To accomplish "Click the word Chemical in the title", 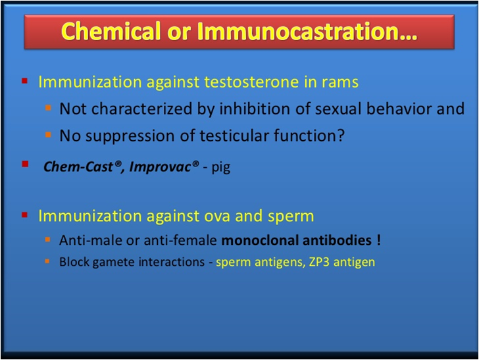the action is click(x=111, y=31).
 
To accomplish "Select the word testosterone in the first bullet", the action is click(x=251, y=82).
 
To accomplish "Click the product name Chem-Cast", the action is click(x=78, y=167).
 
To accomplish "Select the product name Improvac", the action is click(x=160, y=167).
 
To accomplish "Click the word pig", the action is click(x=221, y=168).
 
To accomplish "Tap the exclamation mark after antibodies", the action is click(x=379, y=240).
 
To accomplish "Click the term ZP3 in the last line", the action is click(x=319, y=262).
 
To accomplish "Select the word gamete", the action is click(x=114, y=263).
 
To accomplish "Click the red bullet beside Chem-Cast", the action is click(x=25, y=164).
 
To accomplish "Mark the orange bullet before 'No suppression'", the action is click(x=48, y=134).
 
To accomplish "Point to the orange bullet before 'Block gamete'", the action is click(x=47, y=261).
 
